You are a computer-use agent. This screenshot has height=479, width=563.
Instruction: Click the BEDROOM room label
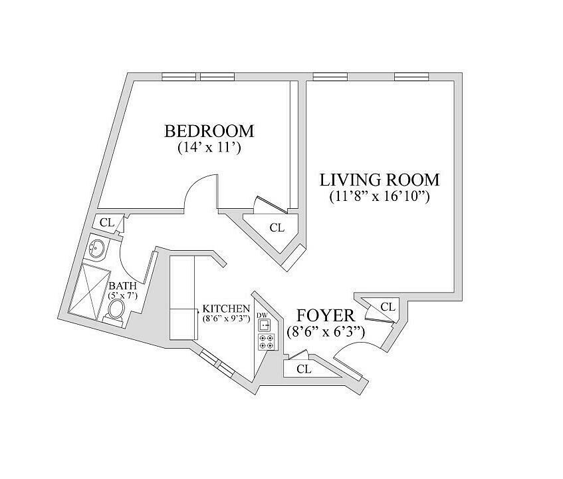coord(209,131)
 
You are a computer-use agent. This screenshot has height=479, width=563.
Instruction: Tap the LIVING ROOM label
coord(380,180)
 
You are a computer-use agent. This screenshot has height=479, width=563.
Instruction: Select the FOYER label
coord(326,315)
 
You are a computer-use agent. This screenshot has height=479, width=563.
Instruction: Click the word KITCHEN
coord(226,308)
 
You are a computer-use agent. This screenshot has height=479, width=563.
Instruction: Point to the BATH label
coord(123,286)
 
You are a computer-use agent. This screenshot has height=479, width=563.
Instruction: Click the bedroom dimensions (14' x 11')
coord(209,147)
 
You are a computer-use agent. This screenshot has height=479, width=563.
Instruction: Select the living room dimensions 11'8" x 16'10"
coord(380,196)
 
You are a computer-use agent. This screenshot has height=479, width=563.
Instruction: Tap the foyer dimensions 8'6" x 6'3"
coord(326,332)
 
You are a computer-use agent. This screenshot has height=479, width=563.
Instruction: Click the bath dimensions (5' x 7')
coord(123,296)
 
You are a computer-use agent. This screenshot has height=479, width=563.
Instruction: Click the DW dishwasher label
coord(262,315)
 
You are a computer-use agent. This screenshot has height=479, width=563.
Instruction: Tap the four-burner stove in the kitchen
coord(267,342)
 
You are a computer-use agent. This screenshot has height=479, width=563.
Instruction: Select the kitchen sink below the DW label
coord(265,325)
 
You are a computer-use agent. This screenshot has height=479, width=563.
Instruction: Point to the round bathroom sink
coord(96,248)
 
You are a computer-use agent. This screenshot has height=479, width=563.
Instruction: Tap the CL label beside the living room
coord(388,307)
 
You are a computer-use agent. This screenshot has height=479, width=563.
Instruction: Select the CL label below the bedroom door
coord(277,228)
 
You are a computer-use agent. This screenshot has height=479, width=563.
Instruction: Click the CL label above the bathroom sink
coord(107,223)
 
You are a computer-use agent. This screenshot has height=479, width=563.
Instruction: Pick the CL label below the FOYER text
coord(304,369)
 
